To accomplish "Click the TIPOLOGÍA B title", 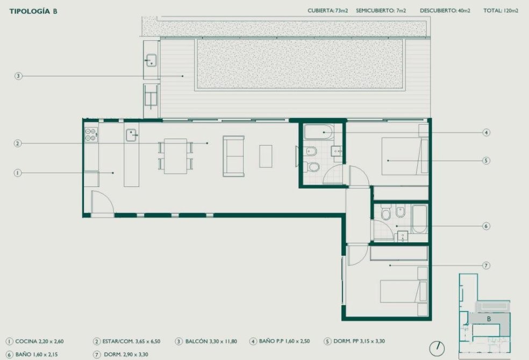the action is coord(33,11).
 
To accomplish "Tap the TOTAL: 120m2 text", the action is coord(501,10).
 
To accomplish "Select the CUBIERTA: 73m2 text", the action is coord(327,10).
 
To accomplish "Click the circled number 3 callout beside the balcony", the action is coord(18,76).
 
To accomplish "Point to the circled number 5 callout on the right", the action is coord(486,161).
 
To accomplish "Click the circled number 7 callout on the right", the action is coord(486,265).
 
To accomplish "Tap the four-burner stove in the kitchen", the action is coord(91,134).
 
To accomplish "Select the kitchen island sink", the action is coord(132,135).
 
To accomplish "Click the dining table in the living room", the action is coord(175,156).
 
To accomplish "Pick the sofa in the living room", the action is coord(233,156).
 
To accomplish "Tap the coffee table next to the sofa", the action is coord(266,156).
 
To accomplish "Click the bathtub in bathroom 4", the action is coord(318,132).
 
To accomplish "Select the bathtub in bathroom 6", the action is coord(419,219).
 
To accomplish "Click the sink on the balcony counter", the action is coord(151,60).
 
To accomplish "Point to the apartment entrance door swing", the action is coord(103,201).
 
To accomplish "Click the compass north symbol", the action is coord(437,349).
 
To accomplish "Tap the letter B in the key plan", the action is coord(489,319).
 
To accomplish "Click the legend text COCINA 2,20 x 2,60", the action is coord(39,341).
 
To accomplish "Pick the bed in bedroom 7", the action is coord(404,291).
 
